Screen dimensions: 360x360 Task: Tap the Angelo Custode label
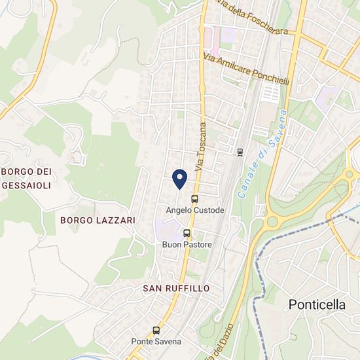click(x=195, y=210)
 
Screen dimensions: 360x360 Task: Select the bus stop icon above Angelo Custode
click(x=194, y=199)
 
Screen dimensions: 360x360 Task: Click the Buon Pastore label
click(x=187, y=245)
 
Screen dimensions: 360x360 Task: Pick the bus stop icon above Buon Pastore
click(x=187, y=233)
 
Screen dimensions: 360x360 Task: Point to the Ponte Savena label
click(x=156, y=341)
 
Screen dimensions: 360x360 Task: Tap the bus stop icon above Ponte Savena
click(x=156, y=330)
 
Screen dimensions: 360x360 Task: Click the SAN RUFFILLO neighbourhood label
click(x=176, y=288)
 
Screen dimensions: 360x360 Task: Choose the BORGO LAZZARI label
click(x=98, y=221)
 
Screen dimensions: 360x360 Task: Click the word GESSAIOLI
click(x=27, y=185)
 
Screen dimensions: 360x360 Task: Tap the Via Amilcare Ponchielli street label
click(x=247, y=68)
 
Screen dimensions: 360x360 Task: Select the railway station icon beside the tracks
click(x=240, y=152)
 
